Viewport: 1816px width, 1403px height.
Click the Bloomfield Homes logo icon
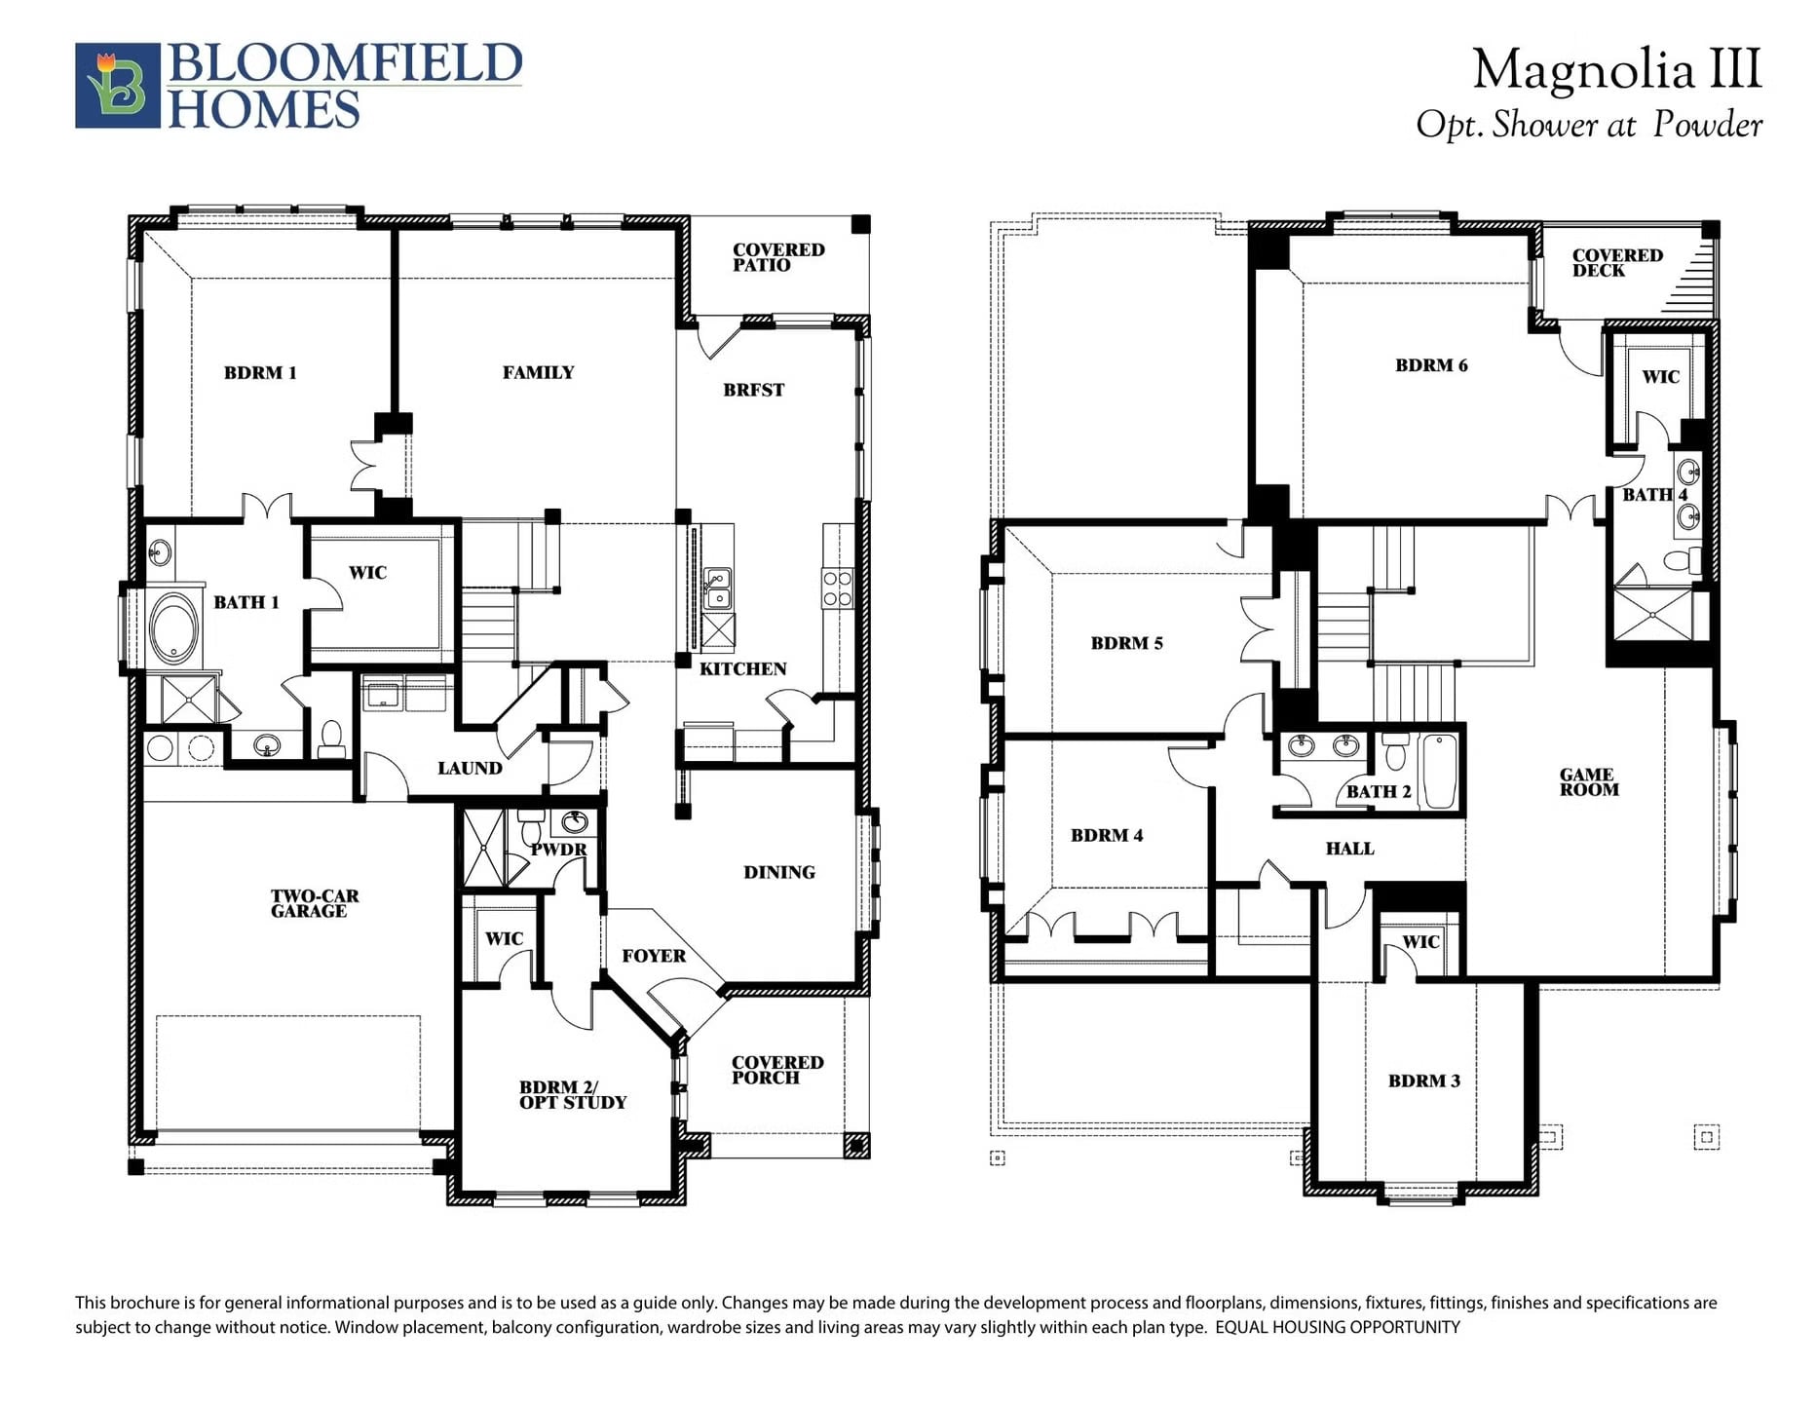118,86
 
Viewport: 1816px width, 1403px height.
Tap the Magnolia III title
1616,70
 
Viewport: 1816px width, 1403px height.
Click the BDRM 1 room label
260,372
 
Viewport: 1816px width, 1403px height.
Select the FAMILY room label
538,372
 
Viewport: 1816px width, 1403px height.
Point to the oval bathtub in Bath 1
174,628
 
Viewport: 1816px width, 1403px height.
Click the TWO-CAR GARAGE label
314,903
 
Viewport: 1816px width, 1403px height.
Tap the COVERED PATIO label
778,257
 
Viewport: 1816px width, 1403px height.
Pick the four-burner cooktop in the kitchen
837,588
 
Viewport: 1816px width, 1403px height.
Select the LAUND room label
470,768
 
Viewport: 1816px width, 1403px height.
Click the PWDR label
558,850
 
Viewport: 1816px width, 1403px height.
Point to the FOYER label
654,956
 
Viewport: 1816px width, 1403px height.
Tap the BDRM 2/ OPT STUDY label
573,1094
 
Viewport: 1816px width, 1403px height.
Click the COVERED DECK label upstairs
1617,263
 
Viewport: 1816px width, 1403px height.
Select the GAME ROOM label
1588,782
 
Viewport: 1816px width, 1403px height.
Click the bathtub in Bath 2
1440,772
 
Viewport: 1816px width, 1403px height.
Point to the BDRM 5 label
1126,643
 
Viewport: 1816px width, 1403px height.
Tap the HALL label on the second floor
1349,849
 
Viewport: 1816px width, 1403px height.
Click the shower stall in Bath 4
1654,614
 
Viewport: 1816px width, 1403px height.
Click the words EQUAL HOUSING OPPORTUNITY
1338,1327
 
